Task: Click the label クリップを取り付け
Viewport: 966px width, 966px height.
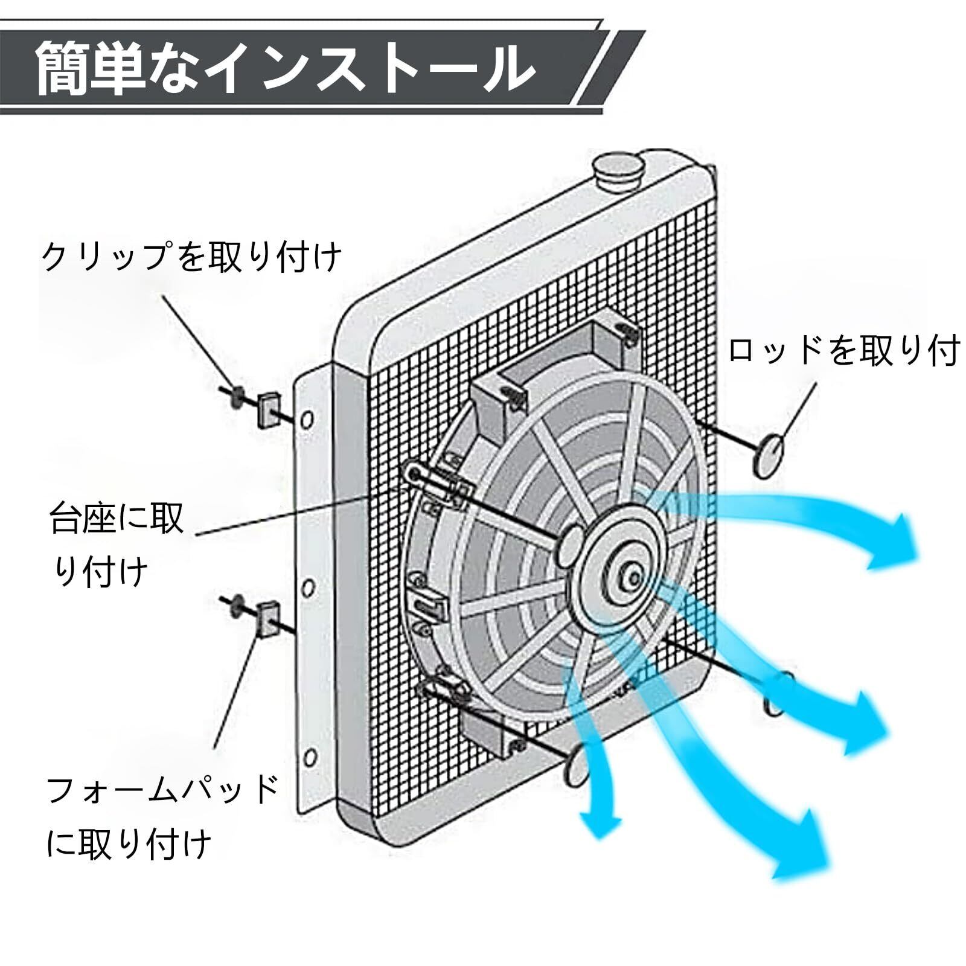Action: (x=192, y=257)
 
